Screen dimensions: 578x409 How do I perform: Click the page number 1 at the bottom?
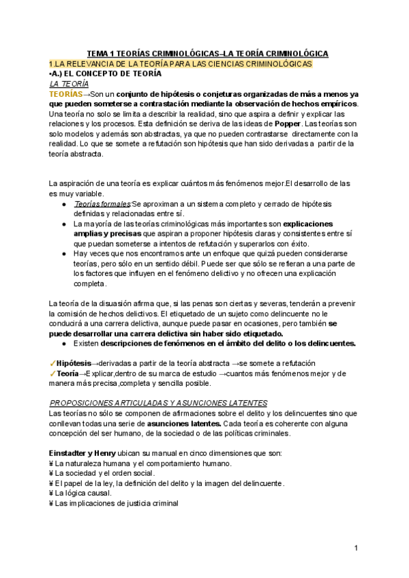(x=357, y=549)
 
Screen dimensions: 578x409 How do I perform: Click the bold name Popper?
(x=286, y=125)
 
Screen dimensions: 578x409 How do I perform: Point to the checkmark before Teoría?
(x=52, y=374)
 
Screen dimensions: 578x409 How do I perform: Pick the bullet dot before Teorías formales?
(x=63, y=203)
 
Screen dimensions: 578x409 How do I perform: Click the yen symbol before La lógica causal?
(x=52, y=493)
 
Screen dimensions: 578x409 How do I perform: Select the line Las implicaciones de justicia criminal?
(x=117, y=503)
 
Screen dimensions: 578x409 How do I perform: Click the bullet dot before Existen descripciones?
(x=63, y=344)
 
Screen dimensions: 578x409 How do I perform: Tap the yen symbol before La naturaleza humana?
(x=52, y=463)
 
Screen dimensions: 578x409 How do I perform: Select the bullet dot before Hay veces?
(x=63, y=253)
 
